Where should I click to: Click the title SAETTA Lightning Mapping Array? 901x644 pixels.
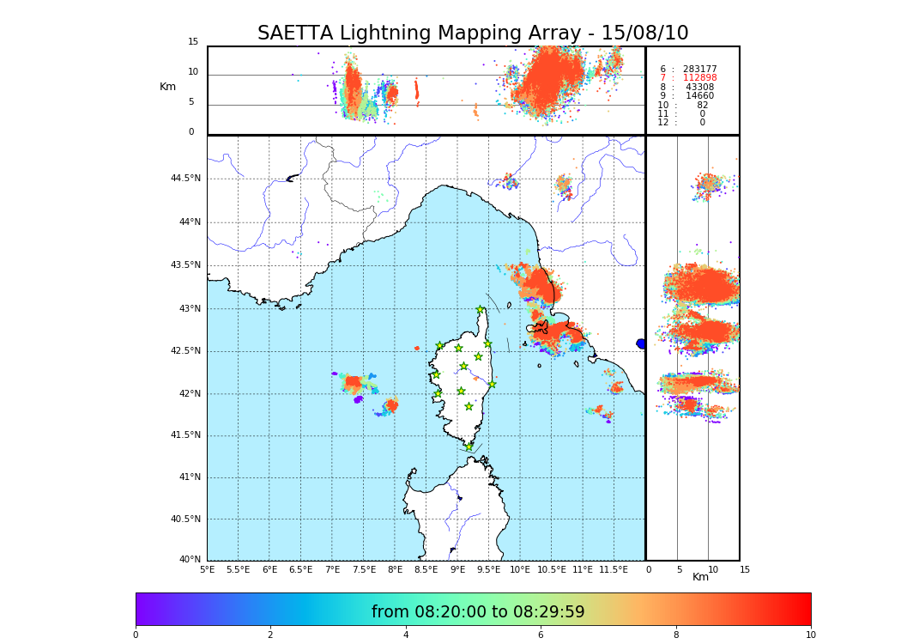pyautogui.click(x=473, y=33)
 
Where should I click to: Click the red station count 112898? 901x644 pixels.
pyautogui.click(x=699, y=78)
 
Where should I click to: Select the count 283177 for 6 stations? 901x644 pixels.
pyautogui.click(x=699, y=69)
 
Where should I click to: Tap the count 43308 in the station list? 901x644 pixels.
pyautogui.click(x=699, y=88)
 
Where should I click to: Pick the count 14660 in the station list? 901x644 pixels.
pyautogui.click(x=699, y=96)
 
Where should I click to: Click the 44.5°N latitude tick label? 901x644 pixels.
pyautogui.click(x=185, y=179)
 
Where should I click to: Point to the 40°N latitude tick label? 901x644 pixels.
pyautogui.click(x=190, y=560)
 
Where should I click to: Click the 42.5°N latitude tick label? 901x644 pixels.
pyautogui.click(x=185, y=350)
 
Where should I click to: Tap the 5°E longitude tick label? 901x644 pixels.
pyautogui.click(x=208, y=569)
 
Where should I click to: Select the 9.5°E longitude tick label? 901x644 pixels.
pyautogui.click(x=488, y=569)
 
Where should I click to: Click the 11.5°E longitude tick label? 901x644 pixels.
pyautogui.click(x=614, y=569)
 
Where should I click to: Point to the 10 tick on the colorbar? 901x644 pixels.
pyautogui.click(x=810, y=635)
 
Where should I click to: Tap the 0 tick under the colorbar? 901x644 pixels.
pyautogui.click(x=136, y=635)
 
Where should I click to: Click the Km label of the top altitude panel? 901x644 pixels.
pyautogui.click(x=167, y=87)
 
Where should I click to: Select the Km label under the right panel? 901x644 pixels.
pyautogui.click(x=701, y=577)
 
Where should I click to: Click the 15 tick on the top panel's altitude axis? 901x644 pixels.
pyautogui.click(x=193, y=42)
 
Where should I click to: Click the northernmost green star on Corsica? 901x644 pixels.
pyautogui.click(x=481, y=309)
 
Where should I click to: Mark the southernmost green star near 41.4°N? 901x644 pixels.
pyautogui.click(x=469, y=447)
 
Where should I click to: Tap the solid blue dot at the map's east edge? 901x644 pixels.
pyautogui.click(x=641, y=343)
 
